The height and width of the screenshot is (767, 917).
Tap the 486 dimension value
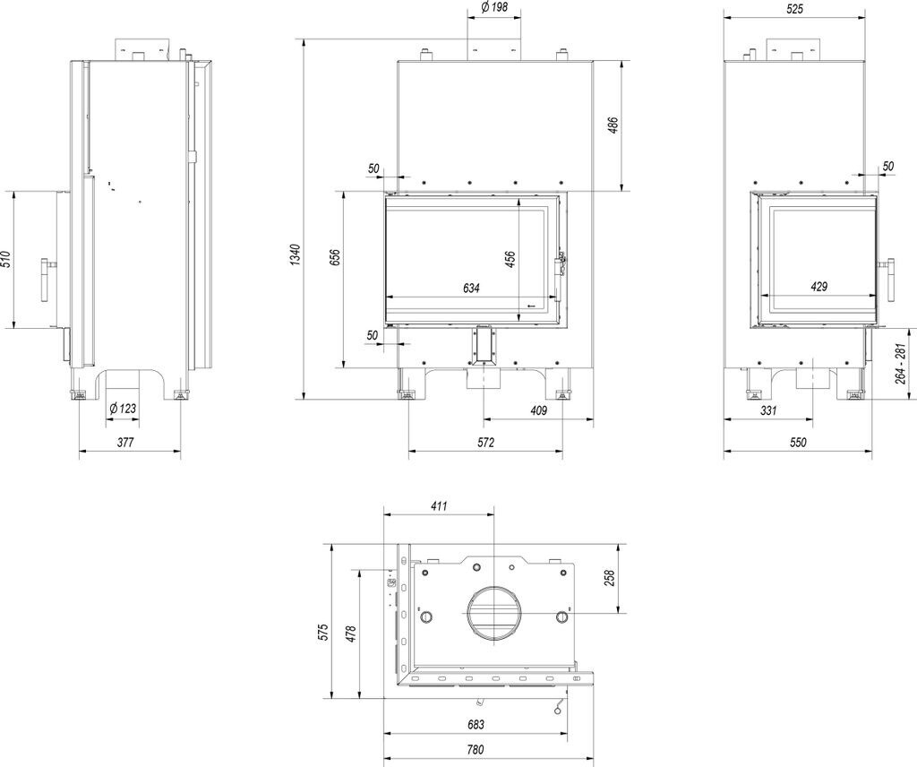pos(613,125)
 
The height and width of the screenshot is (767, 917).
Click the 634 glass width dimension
pos(472,289)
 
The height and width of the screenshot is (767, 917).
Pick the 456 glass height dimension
pos(510,259)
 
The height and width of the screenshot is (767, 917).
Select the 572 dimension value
pos(485,443)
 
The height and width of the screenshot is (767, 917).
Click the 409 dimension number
pos(538,410)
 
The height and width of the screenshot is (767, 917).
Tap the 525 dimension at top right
pos(795,9)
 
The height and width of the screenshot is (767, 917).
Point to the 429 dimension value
pos(818,287)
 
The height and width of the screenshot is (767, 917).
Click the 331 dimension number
pos(768,410)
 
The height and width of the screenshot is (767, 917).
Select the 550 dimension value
pos(798,443)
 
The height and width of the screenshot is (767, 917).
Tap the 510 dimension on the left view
pos(6,260)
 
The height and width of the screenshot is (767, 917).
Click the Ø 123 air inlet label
pos(123,409)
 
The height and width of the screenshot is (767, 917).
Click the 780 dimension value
pos(475,750)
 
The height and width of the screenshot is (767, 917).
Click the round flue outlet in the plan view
pos(493,614)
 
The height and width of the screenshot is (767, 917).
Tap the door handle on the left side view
pos(47,280)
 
